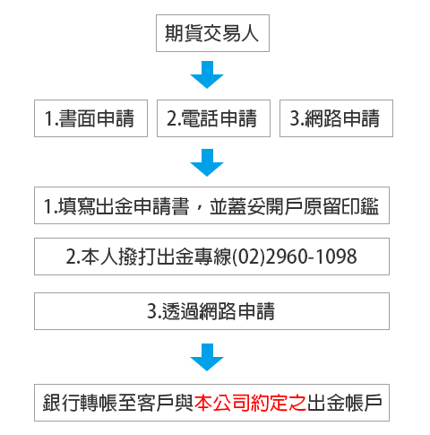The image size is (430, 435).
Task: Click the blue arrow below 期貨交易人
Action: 207,74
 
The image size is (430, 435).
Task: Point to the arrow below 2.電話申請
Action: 207,162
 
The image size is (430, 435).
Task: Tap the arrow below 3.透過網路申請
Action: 207,357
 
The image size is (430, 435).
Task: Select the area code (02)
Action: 248,257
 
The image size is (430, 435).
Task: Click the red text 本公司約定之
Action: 251,403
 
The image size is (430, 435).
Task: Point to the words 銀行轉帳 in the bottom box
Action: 80,403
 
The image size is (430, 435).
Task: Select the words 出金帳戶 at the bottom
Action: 345,403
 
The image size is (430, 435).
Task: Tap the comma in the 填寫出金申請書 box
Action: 200,209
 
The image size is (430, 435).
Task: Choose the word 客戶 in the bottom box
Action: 155,403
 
